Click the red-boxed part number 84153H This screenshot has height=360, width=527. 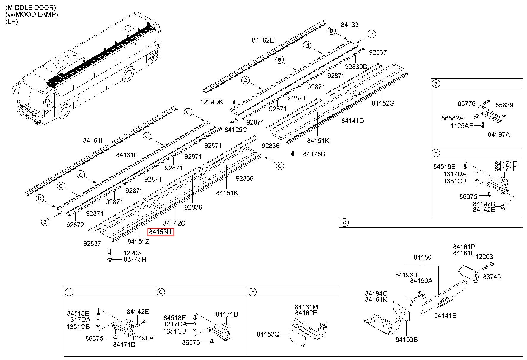coord(161,232)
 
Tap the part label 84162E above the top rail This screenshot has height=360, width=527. coord(263,40)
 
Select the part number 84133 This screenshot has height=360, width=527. coord(349,25)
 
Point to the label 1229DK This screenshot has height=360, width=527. coord(211,102)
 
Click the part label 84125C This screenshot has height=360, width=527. coord(236,130)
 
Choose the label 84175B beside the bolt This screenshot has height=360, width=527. coord(314,154)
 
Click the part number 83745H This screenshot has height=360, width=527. coord(135,260)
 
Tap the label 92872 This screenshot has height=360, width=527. coord(75,225)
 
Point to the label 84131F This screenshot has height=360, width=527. coord(127,155)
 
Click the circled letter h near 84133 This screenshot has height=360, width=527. coord(371,34)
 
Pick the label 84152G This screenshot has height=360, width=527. coord(383,103)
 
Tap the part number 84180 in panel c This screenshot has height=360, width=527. coord(422,257)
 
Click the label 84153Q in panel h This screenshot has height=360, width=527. coord(268,334)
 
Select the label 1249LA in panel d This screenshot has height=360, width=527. coord(143,338)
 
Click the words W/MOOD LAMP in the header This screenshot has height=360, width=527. coord(32,14)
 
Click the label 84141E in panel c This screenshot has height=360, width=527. coord(445,316)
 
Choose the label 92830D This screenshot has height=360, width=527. coord(356,67)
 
